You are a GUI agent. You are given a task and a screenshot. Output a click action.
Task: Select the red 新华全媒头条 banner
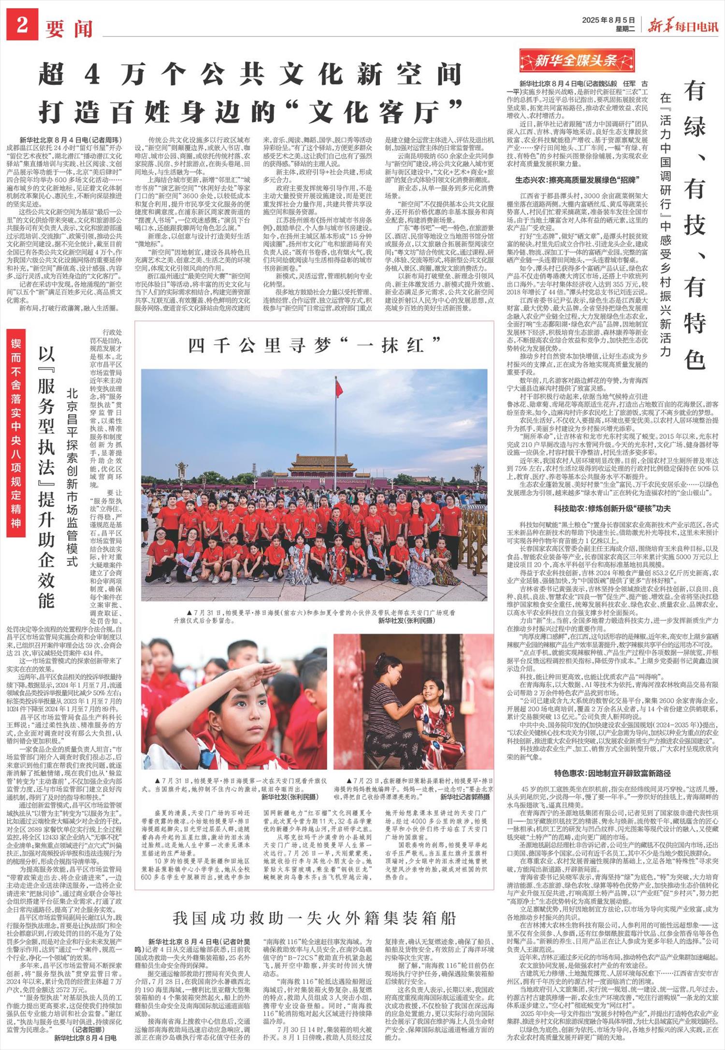(577, 61)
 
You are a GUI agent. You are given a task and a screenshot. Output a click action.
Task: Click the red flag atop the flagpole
(339, 388)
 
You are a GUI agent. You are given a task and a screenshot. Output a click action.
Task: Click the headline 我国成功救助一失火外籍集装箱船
(314, 918)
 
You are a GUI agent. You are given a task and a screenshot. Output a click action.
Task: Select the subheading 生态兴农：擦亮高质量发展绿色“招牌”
(577, 180)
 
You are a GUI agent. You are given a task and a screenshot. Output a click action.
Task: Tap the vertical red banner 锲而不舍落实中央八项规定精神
(16, 433)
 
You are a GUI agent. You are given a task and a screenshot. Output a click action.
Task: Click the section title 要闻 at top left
(69, 29)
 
